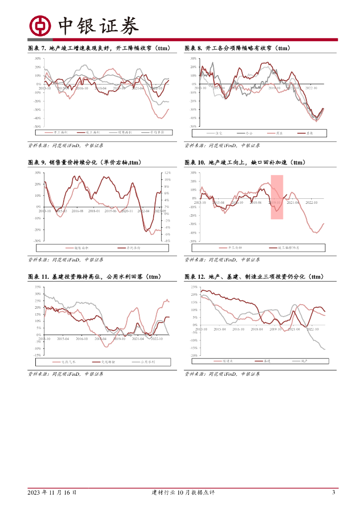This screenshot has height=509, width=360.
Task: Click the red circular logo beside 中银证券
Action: (40, 25)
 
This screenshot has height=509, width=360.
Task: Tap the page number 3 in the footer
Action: (333, 493)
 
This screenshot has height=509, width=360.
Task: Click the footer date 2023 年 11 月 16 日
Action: (52, 493)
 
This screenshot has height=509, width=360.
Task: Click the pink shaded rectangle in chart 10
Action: (277, 197)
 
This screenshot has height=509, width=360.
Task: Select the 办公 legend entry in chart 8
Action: (248, 133)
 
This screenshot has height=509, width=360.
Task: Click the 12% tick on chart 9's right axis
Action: (168, 172)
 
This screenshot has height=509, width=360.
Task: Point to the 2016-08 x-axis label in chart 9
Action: (78, 211)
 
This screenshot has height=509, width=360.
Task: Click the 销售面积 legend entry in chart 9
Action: (81, 248)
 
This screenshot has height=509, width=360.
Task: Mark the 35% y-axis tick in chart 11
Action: (38, 287)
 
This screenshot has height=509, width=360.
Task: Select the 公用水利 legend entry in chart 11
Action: (148, 362)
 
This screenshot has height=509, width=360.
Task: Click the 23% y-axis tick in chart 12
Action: (194, 287)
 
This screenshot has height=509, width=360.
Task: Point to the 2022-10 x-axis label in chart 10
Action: (311, 202)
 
